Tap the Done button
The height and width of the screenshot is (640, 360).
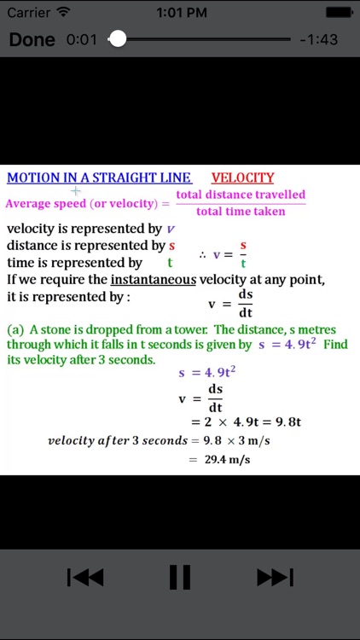pos(32,39)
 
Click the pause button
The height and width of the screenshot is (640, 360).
pos(179,578)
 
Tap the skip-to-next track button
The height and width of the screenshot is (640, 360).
pos(275,578)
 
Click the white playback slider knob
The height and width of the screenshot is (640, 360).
pos(118,39)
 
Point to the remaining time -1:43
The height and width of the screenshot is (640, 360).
pos(319,40)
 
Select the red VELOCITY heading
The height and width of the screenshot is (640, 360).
pos(242,177)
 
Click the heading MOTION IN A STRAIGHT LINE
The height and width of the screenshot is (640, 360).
pos(98,177)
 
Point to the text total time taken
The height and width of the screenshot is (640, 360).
pos(241,211)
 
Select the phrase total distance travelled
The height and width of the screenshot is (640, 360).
pos(241,195)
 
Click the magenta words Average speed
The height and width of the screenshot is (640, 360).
pos(45,204)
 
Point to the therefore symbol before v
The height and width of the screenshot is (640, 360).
pos(202,254)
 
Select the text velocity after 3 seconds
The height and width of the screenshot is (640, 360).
pos(116,440)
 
